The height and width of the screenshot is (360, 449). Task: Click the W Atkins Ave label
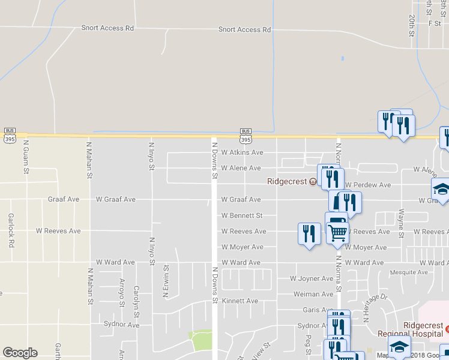tap(242, 153)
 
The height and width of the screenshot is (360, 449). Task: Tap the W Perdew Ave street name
tap(368, 185)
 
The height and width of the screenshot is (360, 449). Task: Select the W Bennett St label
tap(242, 215)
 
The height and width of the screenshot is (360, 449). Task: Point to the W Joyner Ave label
tap(311, 278)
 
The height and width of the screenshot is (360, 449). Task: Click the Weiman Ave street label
tap(313, 294)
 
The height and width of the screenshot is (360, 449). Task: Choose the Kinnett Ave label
tap(240, 301)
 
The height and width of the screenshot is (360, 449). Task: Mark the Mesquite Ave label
tap(408, 272)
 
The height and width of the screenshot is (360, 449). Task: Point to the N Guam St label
tap(26, 157)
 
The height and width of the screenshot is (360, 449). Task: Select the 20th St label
tap(412, 26)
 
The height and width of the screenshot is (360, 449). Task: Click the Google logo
tap(20, 353)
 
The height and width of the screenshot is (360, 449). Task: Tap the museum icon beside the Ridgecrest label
tap(313, 181)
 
